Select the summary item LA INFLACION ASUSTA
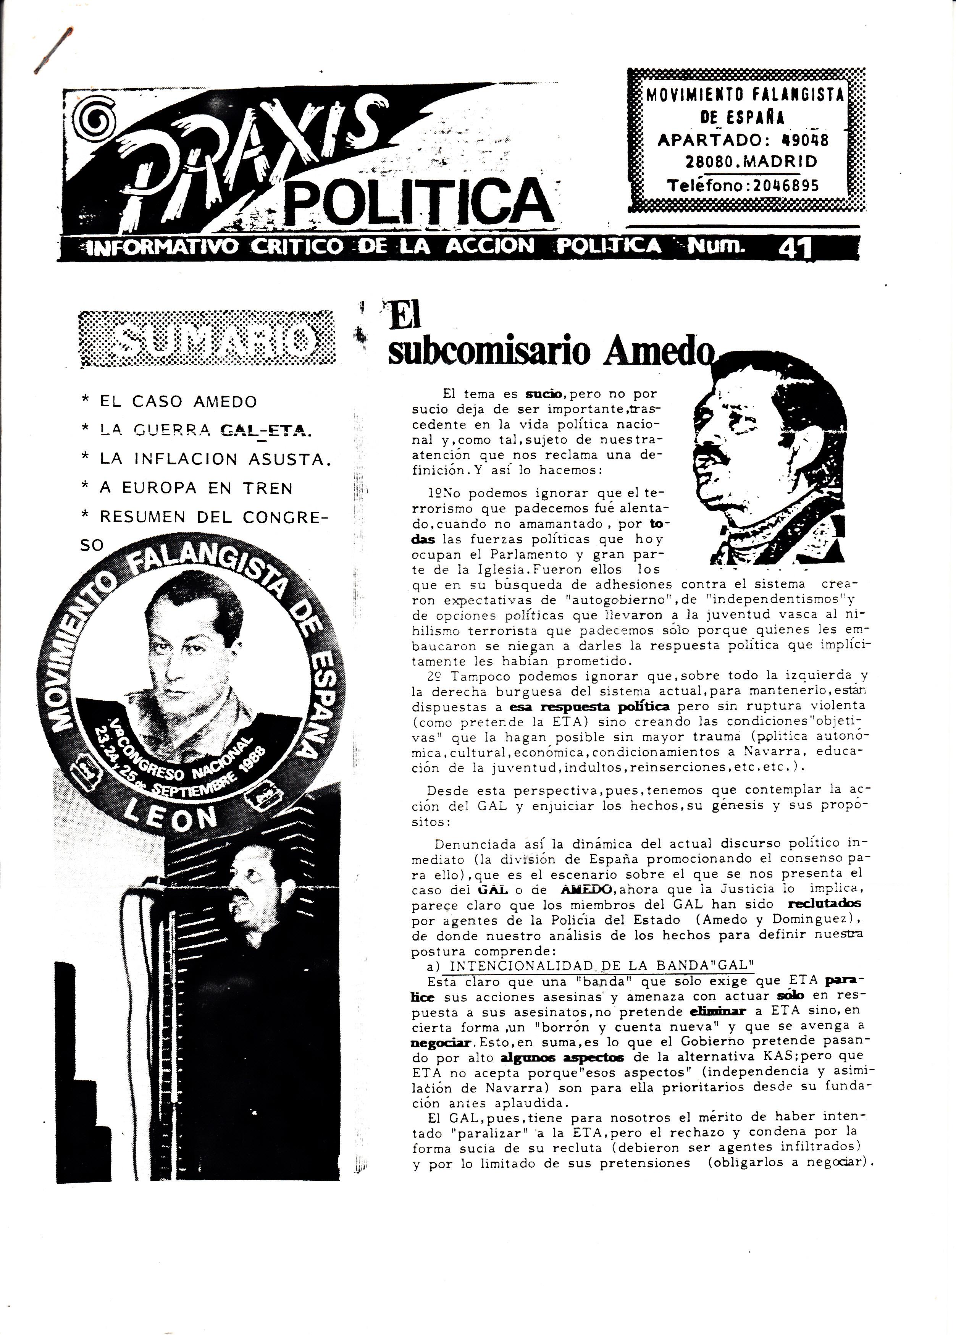coord(212,459)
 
